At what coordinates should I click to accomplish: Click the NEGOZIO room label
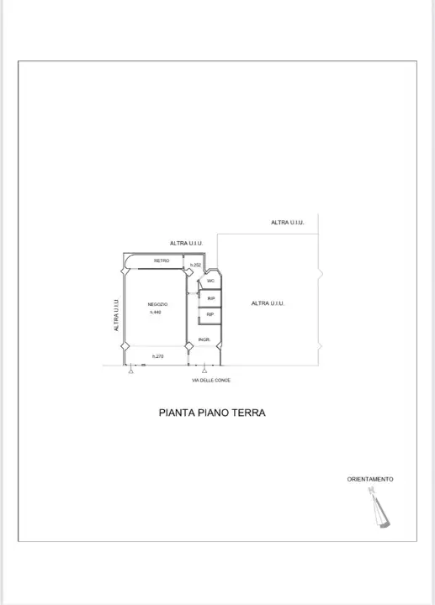pyautogui.click(x=157, y=303)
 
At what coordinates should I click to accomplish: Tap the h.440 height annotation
pyautogui.click(x=156, y=312)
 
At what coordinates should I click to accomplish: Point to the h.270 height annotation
pyautogui.click(x=157, y=356)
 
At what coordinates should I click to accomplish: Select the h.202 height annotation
pyautogui.click(x=195, y=266)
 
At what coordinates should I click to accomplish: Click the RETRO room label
pyautogui.click(x=162, y=260)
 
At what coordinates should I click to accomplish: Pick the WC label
pyautogui.click(x=210, y=281)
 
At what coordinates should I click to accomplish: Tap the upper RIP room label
pyautogui.click(x=211, y=297)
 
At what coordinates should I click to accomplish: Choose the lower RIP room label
pyautogui.click(x=210, y=314)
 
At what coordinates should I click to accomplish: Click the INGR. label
pyautogui.click(x=204, y=339)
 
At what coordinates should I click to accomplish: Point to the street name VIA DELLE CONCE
pyautogui.click(x=211, y=381)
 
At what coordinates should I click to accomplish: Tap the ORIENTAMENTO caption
pyautogui.click(x=370, y=479)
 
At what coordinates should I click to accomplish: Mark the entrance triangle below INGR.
pyautogui.click(x=204, y=371)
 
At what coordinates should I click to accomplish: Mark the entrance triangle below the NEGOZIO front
pyautogui.click(x=130, y=371)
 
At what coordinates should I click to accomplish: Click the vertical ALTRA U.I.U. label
pyautogui.click(x=116, y=315)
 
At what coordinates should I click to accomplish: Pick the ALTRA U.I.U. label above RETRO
pyautogui.click(x=187, y=243)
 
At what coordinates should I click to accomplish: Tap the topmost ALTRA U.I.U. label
pyautogui.click(x=288, y=223)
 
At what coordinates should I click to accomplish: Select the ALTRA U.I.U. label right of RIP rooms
pyautogui.click(x=268, y=303)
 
